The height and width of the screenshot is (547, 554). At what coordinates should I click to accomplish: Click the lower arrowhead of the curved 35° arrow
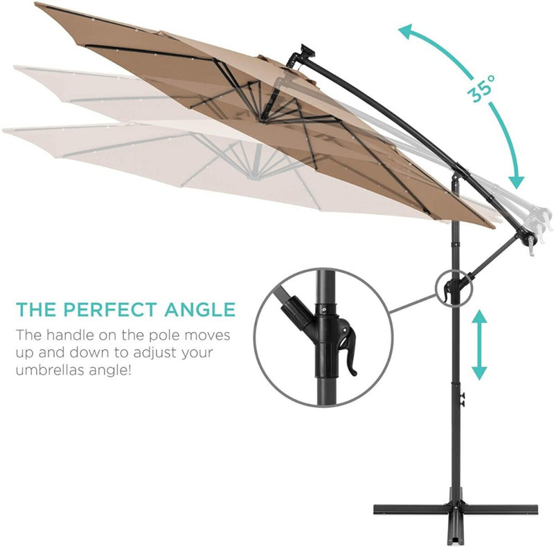515,181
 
